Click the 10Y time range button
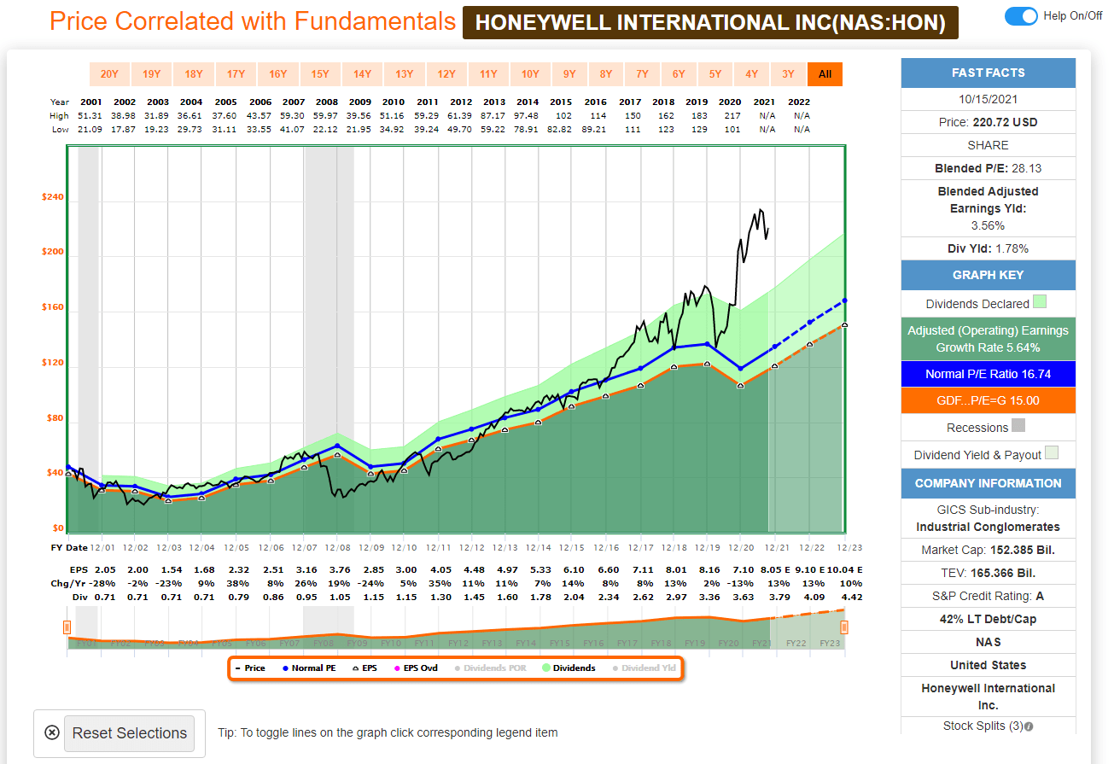pos(530,74)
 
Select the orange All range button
pos(825,74)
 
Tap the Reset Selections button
pos(129,733)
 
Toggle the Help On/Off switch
pos(1021,16)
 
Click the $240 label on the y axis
pos(52,197)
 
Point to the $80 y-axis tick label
pos(54,418)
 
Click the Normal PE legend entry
pos(308,668)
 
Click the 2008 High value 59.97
pos(326,115)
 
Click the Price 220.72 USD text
pos(988,122)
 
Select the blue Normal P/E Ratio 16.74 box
pos(988,374)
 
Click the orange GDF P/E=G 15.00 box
pos(988,400)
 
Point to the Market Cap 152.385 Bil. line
pos(988,551)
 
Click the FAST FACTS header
pos(988,73)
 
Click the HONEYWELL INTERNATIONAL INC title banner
pos(710,23)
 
